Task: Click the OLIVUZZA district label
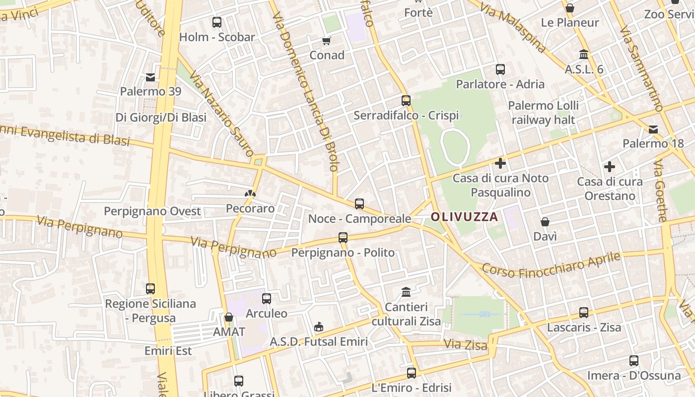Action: [464, 217]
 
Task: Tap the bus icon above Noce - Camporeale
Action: [359, 203]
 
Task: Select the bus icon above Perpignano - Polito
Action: [343, 237]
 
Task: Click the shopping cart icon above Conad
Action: [326, 41]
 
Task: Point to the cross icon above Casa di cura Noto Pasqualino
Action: [500, 163]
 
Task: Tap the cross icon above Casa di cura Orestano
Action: [610, 167]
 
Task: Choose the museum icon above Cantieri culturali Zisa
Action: [406, 292]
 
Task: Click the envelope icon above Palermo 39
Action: [150, 77]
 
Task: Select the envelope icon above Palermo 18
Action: [653, 130]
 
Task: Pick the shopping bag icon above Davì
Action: [545, 222]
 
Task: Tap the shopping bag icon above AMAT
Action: [229, 317]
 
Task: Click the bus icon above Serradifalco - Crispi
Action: [406, 101]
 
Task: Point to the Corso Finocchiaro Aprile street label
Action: [552, 266]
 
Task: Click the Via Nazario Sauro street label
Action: [221, 115]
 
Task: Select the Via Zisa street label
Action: [466, 344]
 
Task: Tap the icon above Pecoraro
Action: [250, 194]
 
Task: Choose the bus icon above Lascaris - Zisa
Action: [584, 313]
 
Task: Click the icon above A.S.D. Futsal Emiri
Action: [319, 327]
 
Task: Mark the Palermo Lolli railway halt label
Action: [543, 113]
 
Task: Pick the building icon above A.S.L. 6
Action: [584, 54]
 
